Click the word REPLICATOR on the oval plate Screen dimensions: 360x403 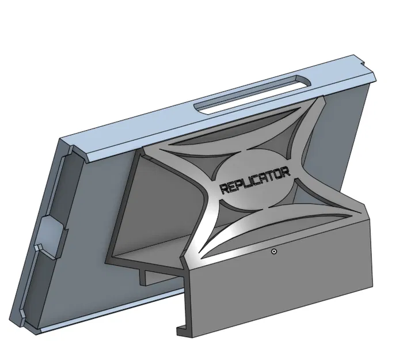[x=255, y=180]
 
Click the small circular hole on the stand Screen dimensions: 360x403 [x=274, y=252]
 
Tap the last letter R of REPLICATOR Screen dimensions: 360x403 [x=286, y=172]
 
